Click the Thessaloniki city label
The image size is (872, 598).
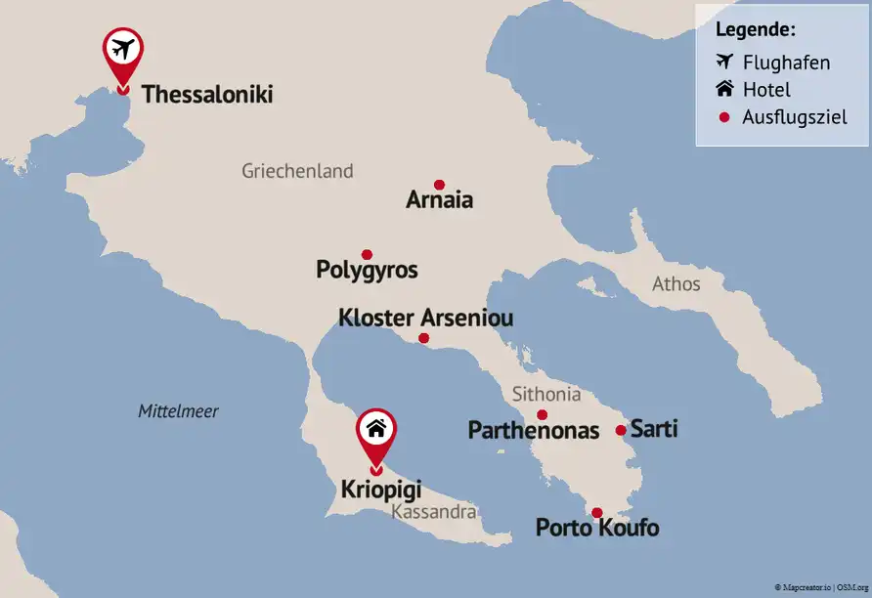pyautogui.click(x=206, y=95)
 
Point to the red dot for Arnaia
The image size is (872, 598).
pyautogui.click(x=439, y=185)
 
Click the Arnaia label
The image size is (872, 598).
pyautogui.click(x=439, y=200)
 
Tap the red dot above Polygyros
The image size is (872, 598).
pyautogui.click(x=367, y=254)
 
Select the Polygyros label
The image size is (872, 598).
pyautogui.click(x=367, y=270)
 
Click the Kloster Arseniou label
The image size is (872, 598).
pyautogui.click(x=425, y=319)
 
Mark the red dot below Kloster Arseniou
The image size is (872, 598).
pyautogui.click(x=423, y=339)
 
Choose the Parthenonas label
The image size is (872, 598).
pyautogui.click(x=533, y=431)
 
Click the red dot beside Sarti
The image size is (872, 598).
pyautogui.click(x=621, y=430)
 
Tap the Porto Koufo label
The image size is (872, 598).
pyautogui.click(x=596, y=529)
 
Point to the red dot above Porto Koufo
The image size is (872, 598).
pyautogui.click(x=596, y=513)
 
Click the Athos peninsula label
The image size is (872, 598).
pyautogui.click(x=676, y=284)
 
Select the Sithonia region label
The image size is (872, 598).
pyautogui.click(x=546, y=395)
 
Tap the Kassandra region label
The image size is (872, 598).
pyautogui.click(x=432, y=512)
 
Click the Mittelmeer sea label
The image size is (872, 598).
pyautogui.click(x=178, y=411)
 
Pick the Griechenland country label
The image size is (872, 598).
pyautogui.click(x=297, y=171)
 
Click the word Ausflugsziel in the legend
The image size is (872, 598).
pyautogui.click(x=794, y=117)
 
